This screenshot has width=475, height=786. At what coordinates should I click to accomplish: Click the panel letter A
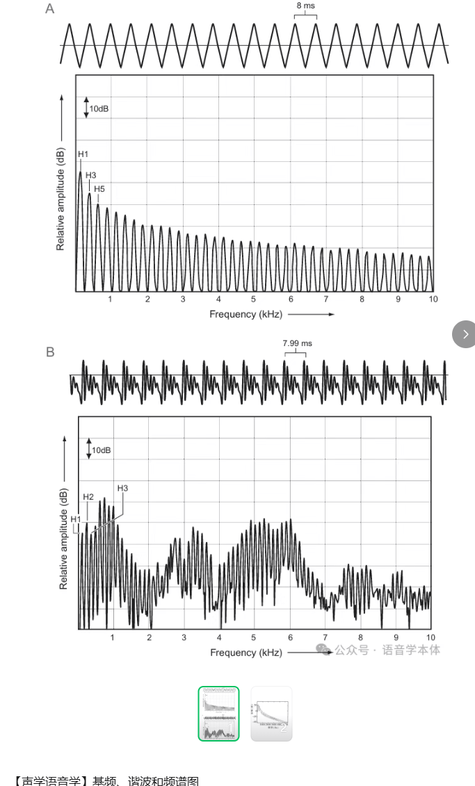coord(50,9)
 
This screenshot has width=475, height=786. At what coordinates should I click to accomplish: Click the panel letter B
coord(50,352)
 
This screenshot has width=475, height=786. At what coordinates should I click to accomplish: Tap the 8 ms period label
coord(305,6)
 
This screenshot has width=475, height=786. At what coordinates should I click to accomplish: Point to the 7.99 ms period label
coord(297,343)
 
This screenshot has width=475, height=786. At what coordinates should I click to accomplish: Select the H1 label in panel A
coord(83,154)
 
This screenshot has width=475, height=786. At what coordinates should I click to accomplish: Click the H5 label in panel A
coord(99,189)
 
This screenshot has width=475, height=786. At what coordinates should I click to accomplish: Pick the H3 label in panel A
coord(90,175)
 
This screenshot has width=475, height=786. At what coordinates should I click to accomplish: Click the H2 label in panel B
coord(88,497)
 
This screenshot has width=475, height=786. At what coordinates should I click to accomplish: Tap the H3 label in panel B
coord(122,489)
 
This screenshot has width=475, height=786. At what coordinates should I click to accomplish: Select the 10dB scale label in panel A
coord(99,108)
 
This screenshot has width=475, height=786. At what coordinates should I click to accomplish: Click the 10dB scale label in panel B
coord(102,450)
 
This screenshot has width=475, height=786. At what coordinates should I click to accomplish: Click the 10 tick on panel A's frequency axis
coord(433,299)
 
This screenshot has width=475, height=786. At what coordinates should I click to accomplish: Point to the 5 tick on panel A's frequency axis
coord(254,299)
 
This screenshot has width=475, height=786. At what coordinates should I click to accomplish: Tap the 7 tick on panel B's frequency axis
coord(325,637)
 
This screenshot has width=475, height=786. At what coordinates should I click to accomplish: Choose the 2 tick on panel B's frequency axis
coord(149,637)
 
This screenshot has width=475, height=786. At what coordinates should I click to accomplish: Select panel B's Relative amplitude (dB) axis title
coord(64,539)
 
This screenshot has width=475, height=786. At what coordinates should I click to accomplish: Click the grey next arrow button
coord(465,334)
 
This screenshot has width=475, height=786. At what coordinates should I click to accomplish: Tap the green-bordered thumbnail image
coord(218,714)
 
